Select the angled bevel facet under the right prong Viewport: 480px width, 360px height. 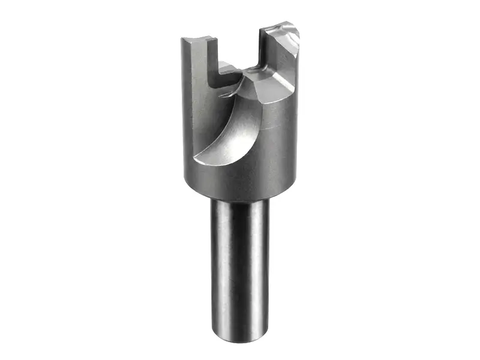point(277,81)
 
